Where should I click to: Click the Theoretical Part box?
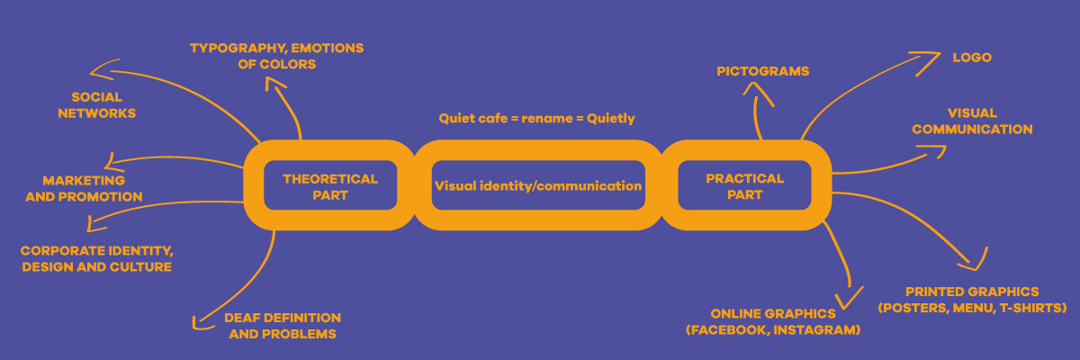pos(330,186)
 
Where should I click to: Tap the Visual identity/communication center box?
pos(538,186)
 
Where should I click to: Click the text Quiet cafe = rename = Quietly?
pos(537,118)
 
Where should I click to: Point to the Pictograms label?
pos(763,70)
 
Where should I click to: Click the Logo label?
pos(972,58)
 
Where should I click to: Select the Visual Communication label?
pos(972,121)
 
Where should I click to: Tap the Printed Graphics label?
pos(972,300)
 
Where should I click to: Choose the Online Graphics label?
pos(773,321)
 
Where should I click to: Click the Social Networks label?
pos(96,104)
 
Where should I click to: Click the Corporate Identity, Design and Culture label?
pos(96,258)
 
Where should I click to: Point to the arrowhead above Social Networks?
pos(100,70)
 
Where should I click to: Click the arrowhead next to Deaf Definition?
pos(199,319)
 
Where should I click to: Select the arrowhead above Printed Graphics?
pos(970,264)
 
